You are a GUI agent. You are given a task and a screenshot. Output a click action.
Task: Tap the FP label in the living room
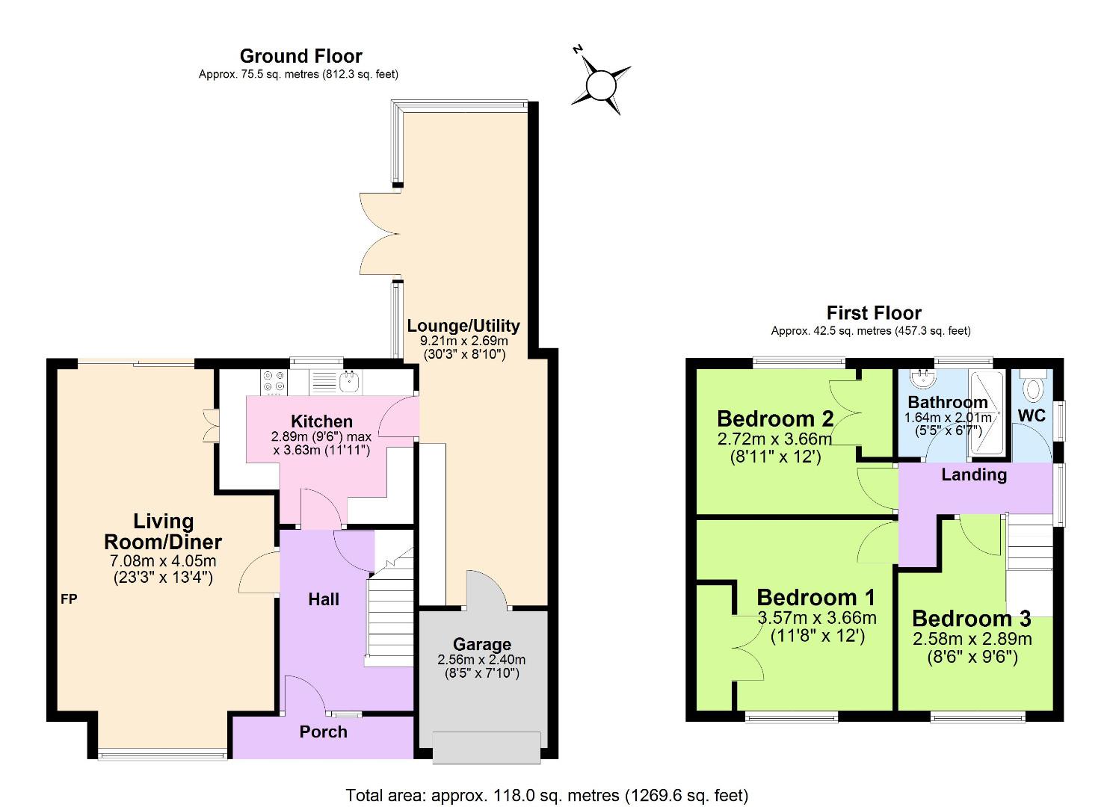click(x=69, y=599)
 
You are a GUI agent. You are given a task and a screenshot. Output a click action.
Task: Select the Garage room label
click(x=482, y=644)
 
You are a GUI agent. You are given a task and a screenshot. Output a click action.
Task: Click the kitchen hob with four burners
click(x=274, y=382)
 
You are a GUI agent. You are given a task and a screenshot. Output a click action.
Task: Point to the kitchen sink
click(x=349, y=383)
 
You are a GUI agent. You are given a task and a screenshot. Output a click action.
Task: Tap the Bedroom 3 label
click(x=971, y=618)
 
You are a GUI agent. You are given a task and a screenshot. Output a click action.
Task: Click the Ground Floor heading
click(x=300, y=56)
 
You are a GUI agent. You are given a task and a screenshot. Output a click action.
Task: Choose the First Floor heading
click(x=873, y=312)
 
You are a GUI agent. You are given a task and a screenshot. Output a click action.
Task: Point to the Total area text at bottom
click(x=546, y=795)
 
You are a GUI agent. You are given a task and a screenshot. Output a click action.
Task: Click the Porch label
click(x=323, y=732)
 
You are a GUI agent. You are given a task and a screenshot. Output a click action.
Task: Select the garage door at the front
click(x=487, y=747)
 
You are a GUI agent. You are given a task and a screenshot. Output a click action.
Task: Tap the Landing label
click(x=973, y=474)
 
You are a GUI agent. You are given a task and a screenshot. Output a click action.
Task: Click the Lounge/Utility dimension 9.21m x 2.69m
click(x=463, y=340)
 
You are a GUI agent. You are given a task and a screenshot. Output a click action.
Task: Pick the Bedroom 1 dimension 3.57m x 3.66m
click(x=816, y=618)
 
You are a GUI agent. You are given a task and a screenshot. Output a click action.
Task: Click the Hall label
click(x=324, y=599)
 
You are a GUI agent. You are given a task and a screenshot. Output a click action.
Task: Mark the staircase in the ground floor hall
click(x=389, y=613)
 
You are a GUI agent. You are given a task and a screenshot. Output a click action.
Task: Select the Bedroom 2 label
click(x=775, y=418)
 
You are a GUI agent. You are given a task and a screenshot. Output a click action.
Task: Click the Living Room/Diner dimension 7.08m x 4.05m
click(x=163, y=561)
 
